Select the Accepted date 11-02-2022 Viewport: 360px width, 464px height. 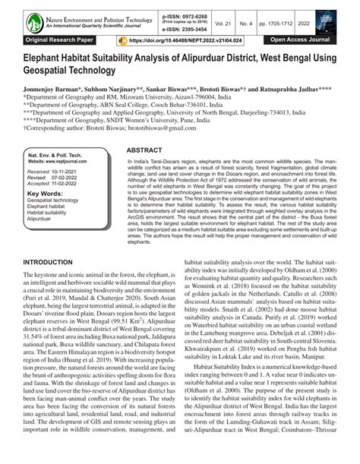(x=68, y=184)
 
